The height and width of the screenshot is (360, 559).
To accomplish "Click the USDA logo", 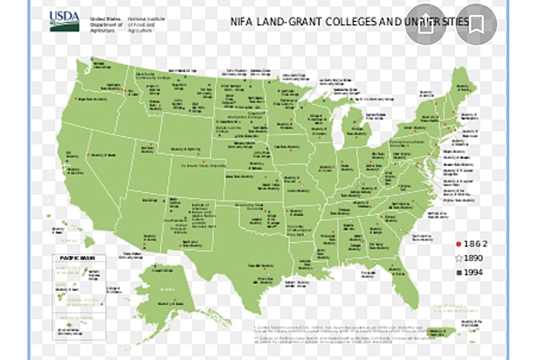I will click(64, 21).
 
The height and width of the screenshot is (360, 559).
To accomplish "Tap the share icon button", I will click(425, 24).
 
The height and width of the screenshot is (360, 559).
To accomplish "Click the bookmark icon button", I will click(477, 24).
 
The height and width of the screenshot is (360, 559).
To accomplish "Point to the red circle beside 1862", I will click(458, 243).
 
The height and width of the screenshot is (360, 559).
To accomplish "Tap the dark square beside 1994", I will click(458, 272).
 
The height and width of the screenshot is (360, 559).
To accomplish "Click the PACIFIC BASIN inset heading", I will click(75, 259).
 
